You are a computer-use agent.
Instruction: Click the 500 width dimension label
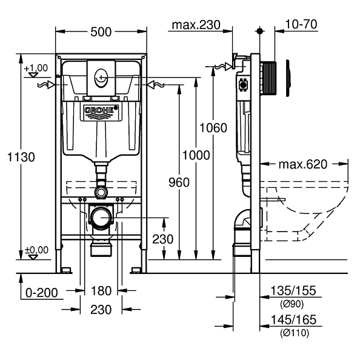click(x=101, y=32)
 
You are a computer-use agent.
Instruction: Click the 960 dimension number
click(x=179, y=182)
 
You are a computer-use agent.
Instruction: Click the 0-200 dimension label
click(x=41, y=293)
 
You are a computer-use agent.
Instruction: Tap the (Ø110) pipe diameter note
click(x=294, y=332)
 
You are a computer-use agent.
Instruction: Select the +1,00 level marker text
click(x=36, y=67)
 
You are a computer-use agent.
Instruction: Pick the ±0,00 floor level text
click(x=36, y=250)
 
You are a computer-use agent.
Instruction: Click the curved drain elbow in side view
click(x=242, y=218)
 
